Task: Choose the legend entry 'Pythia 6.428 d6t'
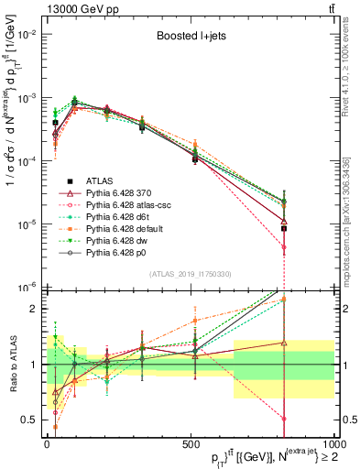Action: coord(119,220)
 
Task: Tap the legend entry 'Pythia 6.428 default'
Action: coord(125,233)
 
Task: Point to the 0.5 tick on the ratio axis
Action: coord(35,420)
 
